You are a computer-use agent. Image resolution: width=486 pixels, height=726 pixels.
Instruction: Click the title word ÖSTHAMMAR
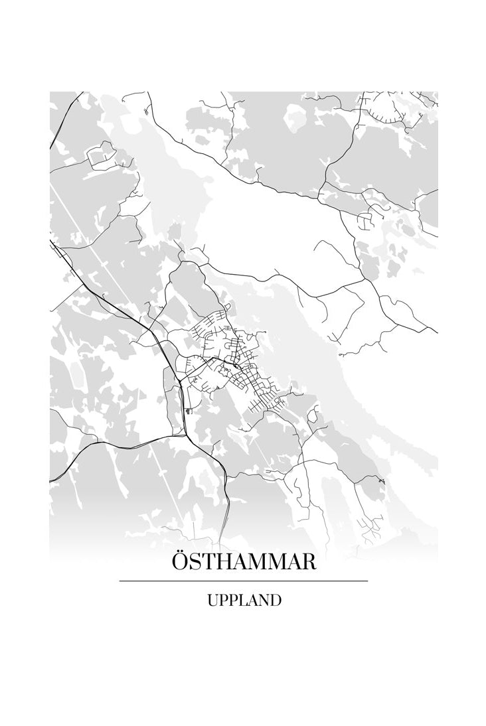tap(244, 561)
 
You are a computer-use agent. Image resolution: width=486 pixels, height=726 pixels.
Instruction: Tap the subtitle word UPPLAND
tap(244, 601)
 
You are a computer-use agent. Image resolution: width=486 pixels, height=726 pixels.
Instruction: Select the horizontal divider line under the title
tap(244, 581)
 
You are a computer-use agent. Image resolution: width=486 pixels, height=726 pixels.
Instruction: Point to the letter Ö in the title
tap(181, 561)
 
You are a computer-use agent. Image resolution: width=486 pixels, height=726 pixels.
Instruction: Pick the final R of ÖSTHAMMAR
tap(308, 562)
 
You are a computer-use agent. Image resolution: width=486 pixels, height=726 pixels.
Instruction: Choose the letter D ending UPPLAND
tap(276, 601)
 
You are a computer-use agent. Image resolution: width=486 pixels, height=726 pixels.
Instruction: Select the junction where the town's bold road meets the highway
tap(180, 381)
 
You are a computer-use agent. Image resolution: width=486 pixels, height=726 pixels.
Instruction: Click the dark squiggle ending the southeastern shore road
tap(380, 479)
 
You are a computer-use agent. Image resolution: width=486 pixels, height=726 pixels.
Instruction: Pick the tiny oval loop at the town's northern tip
tap(227, 307)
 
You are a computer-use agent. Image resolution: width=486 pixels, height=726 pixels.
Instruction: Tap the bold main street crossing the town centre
tap(219, 362)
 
